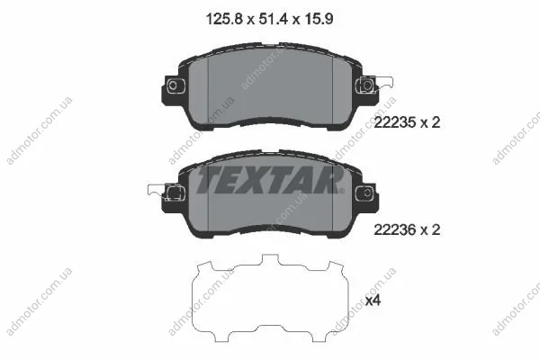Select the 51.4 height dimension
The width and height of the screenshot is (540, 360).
273,19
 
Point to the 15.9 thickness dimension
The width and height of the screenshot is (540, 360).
319,19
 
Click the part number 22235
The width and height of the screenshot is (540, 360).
395,122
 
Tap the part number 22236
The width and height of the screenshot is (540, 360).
395,229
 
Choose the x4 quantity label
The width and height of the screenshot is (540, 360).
373,301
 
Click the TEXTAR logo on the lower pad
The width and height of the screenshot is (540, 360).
269,180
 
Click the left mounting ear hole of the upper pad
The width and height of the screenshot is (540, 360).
173,85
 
